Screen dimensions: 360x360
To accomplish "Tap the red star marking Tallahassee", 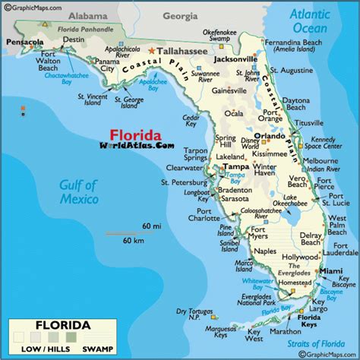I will click(x=152, y=51).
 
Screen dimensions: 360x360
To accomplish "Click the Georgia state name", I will click(x=179, y=15).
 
